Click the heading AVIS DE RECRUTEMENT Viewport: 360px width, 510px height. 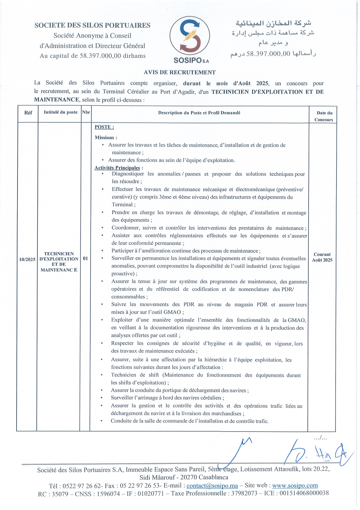coord(180,72)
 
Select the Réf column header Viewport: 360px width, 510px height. coord(28,113)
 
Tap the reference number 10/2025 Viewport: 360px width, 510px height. coord(27,259)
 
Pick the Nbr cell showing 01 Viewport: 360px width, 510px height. coord(85,258)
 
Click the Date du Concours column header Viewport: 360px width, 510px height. coord(324,116)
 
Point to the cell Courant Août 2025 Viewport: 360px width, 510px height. coord(322,257)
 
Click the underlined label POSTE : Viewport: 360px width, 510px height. coord(104,127)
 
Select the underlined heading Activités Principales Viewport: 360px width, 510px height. coord(117,168)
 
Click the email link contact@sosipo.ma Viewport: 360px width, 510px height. coord(212,486)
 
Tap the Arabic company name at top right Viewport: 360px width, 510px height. coord(273,23)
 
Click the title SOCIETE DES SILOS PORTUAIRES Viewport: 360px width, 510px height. coord(92,25)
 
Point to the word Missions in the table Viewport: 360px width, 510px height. coord(105,137)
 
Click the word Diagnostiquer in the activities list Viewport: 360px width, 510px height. coord(128,174)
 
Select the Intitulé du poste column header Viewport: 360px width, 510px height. coord(61,112)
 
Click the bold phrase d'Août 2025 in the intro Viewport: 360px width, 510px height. coord(251,83)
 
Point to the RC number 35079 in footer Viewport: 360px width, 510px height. coord(60,494)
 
